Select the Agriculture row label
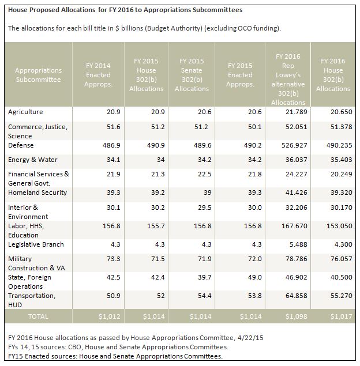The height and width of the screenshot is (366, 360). [x=25, y=112]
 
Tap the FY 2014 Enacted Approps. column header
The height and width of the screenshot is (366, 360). [x=98, y=75]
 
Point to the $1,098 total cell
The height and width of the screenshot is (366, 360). [x=296, y=316]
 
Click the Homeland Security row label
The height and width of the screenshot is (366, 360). [x=37, y=193]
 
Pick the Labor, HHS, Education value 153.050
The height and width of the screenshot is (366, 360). [x=339, y=226]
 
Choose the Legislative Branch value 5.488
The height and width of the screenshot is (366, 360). [x=298, y=244]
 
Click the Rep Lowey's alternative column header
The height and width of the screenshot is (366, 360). [x=288, y=80]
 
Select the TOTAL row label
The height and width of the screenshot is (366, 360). [x=38, y=316]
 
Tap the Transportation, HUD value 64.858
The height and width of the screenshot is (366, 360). [x=296, y=296]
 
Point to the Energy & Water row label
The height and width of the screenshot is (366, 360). [x=33, y=160]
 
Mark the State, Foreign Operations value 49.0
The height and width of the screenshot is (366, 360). [x=255, y=277]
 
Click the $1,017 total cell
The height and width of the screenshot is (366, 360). [x=341, y=316]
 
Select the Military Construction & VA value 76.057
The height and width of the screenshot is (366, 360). [x=341, y=259]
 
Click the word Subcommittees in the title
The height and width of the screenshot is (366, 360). [x=217, y=10]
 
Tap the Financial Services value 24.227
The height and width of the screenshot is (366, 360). [x=296, y=174]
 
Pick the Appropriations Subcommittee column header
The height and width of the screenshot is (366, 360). [x=38, y=75]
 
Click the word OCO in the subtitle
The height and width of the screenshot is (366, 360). [x=245, y=28]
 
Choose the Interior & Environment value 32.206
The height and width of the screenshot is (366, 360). [x=296, y=207]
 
